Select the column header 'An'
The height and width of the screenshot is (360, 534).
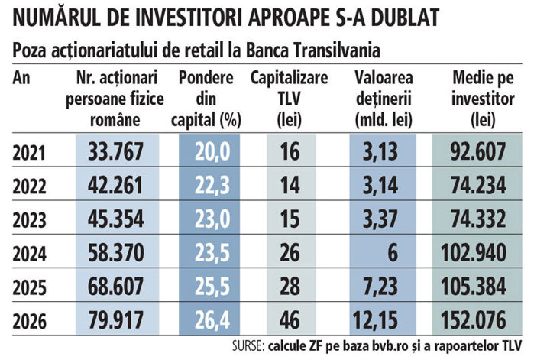coord(21,78)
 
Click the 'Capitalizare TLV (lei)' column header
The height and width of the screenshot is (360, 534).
coord(289,99)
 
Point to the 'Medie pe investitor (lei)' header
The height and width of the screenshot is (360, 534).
coord(483,99)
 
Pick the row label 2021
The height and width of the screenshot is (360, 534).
coord(29,153)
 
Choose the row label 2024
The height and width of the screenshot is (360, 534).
coord(29,254)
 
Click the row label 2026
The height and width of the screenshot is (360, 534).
coord(29,321)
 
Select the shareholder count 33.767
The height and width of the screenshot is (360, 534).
coord(115,151)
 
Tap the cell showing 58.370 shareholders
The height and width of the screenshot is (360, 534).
coord(116,252)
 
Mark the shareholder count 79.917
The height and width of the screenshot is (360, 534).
coord(116,319)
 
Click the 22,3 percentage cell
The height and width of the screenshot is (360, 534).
coord(212,186)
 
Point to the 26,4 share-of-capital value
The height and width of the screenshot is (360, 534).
coord(212,320)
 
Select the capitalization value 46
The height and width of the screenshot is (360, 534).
coord(290,319)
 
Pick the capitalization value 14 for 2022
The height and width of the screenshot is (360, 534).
coord(290,185)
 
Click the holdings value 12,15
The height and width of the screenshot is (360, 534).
coord(375,320)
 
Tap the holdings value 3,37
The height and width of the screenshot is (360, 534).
coord(380,219)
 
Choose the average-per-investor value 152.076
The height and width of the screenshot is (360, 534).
coord(474,319)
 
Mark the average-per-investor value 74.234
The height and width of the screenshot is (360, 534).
coord(478,185)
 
